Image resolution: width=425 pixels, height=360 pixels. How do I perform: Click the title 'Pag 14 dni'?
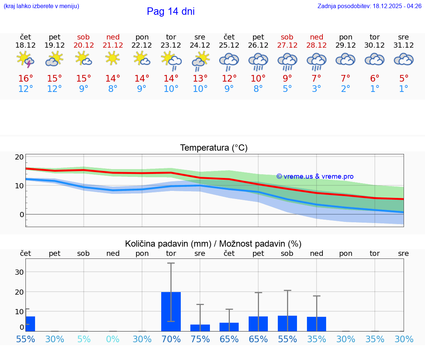point(170,11)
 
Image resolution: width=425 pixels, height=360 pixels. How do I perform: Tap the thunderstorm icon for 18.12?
point(25,59)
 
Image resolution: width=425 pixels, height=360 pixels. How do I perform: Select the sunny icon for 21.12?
point(113,58)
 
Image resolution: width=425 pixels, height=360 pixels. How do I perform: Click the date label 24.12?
point(200,45)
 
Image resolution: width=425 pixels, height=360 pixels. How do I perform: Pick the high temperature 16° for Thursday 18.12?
point(25,78)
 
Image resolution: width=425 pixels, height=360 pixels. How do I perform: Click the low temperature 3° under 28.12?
point(317,89)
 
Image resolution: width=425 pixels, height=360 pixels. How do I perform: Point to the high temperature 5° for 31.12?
point(404,78)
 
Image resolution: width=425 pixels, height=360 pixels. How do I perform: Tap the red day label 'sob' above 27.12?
point(287,37)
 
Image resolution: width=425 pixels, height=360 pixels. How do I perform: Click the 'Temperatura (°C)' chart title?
point(214,148)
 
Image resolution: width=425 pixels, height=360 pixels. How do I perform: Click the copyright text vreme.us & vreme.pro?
point(315,176)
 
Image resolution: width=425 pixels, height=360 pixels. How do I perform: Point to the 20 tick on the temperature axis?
point(19,157)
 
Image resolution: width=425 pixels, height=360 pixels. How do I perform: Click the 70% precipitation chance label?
point(171,339)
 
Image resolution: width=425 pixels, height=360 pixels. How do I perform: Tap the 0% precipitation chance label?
point(113,339)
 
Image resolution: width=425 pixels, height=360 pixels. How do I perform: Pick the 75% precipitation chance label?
point(200,339)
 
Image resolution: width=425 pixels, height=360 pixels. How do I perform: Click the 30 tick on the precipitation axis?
point(19,272)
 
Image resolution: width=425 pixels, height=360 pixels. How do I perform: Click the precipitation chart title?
point(213,244)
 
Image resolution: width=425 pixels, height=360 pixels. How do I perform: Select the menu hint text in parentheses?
point(41,6)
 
